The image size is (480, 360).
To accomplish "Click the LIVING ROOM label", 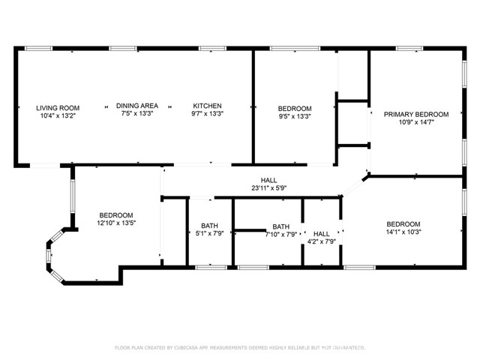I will click(47, 107).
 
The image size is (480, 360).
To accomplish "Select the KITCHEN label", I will click(208, 106).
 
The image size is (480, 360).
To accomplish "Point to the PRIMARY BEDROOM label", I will click(416, 114).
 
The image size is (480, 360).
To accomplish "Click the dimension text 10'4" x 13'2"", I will click(47, 115).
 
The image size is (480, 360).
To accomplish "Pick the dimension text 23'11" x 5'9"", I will click(268, 190).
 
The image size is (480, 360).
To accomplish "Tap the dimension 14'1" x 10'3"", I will click(403, 234).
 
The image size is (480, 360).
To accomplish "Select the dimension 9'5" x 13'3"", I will click(295, 116).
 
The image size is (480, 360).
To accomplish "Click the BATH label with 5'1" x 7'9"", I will click(208, 226).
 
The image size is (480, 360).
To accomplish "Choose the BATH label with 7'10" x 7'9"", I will click(280, 226).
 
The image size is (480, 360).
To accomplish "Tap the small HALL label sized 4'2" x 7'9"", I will click(321, 233).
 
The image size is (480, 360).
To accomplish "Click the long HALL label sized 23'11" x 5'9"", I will click(268, 181).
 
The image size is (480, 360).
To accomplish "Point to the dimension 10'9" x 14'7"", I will click(416, 123).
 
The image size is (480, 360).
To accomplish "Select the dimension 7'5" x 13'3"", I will click(136, 115).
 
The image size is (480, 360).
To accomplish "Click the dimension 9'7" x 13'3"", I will click(208, 115).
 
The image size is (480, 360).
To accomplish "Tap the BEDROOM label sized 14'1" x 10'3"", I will click(403, 224).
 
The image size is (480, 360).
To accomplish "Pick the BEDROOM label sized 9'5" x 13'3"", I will click(295, 108).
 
